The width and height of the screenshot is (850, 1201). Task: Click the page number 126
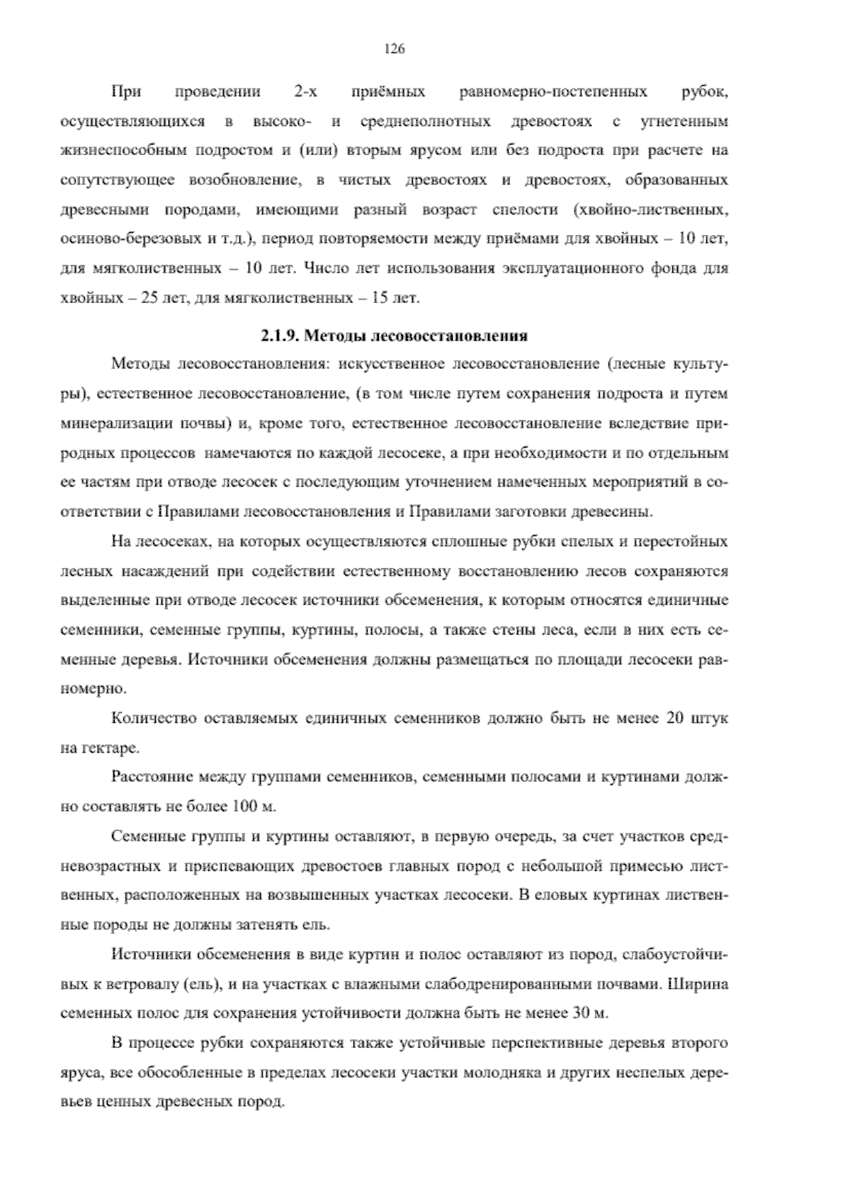pyautogui.click(x=394, y=49)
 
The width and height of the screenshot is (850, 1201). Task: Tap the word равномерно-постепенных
pyautogui.click(x=552, y=92)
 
